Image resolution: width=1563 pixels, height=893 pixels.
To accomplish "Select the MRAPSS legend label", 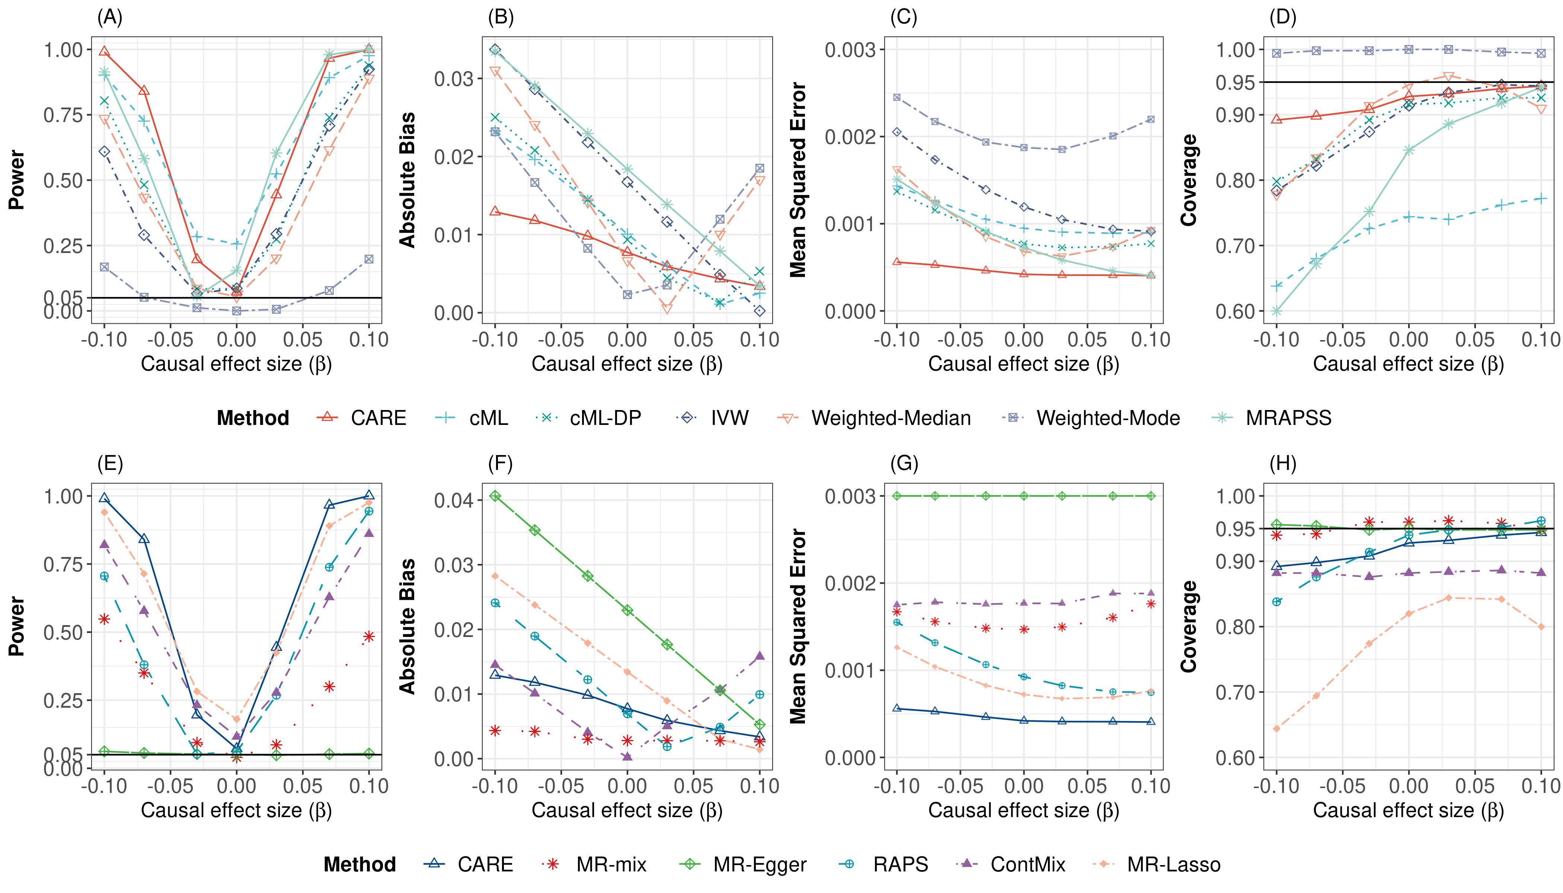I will [1288, 418].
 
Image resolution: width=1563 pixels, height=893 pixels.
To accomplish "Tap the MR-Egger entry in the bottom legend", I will [760, 865].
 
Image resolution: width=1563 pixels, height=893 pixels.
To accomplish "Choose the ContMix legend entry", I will [1027, 865].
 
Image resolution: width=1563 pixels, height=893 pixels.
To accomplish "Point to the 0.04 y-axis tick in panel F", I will [454, 500].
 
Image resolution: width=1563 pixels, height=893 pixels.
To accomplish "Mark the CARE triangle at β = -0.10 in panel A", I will [104, 51].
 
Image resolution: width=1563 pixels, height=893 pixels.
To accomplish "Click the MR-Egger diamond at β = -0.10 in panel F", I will [495, 496].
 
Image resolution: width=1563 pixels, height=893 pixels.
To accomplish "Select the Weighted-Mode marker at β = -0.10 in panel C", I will [897, 97].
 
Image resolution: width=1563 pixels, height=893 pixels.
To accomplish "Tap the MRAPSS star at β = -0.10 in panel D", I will [1276, 311].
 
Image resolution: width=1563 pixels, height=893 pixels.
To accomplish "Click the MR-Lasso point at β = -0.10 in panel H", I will [1276, 729].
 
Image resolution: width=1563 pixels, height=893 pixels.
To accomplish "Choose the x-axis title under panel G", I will [1023, 810].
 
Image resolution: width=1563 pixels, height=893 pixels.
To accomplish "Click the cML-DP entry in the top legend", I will [605, 418].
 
